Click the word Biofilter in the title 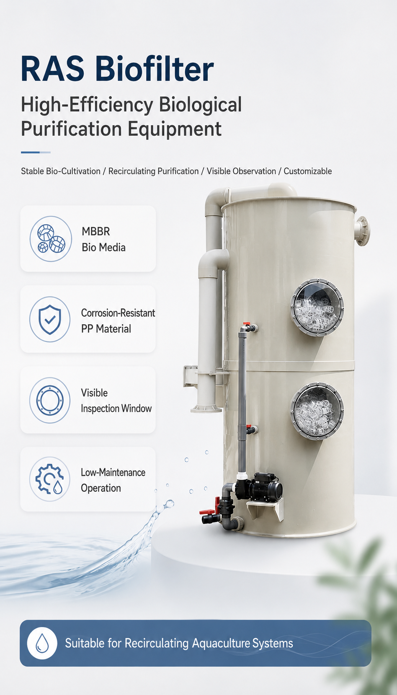coord(155,68)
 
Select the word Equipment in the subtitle coord(175,129)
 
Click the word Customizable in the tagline coord(308,171)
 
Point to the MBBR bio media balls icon coord(51,238)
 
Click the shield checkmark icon coord(49,319)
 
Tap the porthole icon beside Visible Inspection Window coord(50,400)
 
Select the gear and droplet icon coord(49,479)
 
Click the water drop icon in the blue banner coord(42,643)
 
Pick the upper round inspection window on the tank coord(317,307)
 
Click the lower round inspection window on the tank coord(317,411)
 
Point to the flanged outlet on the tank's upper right coord(362,231)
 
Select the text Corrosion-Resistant coord(118,313)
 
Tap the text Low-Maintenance coord(113,472)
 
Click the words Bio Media coord(103,247)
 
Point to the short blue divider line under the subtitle coord(36,152)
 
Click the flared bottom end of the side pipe coord(206,409)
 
